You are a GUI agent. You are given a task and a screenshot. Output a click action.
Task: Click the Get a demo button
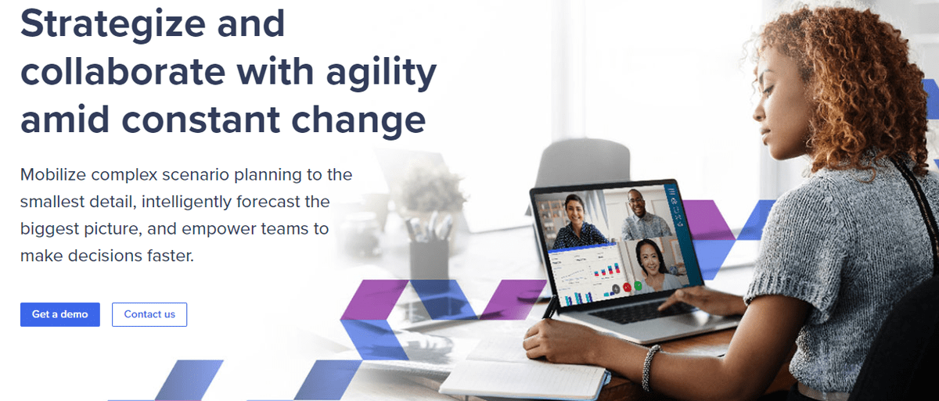click(x=60, y=314)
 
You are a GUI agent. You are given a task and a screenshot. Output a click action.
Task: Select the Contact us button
click(x=149, y=314)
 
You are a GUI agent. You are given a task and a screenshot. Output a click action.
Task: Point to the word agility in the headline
click(x=381, y=72)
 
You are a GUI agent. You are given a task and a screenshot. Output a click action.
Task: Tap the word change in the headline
click(x=358, y=120)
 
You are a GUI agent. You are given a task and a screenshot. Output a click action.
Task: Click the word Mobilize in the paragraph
click(x=53, y=174)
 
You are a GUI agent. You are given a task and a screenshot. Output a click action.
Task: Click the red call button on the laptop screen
click(x=627, y=288)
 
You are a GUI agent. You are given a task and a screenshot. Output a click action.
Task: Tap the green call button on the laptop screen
click(x=638, y=286)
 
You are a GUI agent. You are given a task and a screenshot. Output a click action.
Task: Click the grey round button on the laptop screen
click(x=615, y=288)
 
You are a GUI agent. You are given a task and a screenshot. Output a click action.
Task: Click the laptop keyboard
click(x=642, y=313)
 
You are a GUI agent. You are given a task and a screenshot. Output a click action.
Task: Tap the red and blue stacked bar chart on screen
click(x=606, y=269)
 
